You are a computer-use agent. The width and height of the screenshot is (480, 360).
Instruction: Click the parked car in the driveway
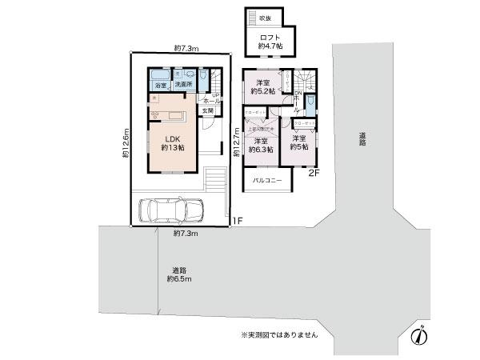coord(171,212)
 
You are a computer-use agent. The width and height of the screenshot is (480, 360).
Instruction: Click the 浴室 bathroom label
coord(160,86)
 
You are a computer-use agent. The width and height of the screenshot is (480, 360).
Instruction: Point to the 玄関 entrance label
coord(207,110)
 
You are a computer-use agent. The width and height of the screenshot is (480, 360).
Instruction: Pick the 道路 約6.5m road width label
coord(178,274)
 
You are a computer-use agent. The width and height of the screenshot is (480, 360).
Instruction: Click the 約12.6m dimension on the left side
coord(126,144)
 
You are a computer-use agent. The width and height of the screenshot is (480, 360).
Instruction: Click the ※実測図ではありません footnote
coord(279,334)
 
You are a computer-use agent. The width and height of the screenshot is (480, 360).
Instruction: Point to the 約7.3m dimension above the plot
coord(186,48)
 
